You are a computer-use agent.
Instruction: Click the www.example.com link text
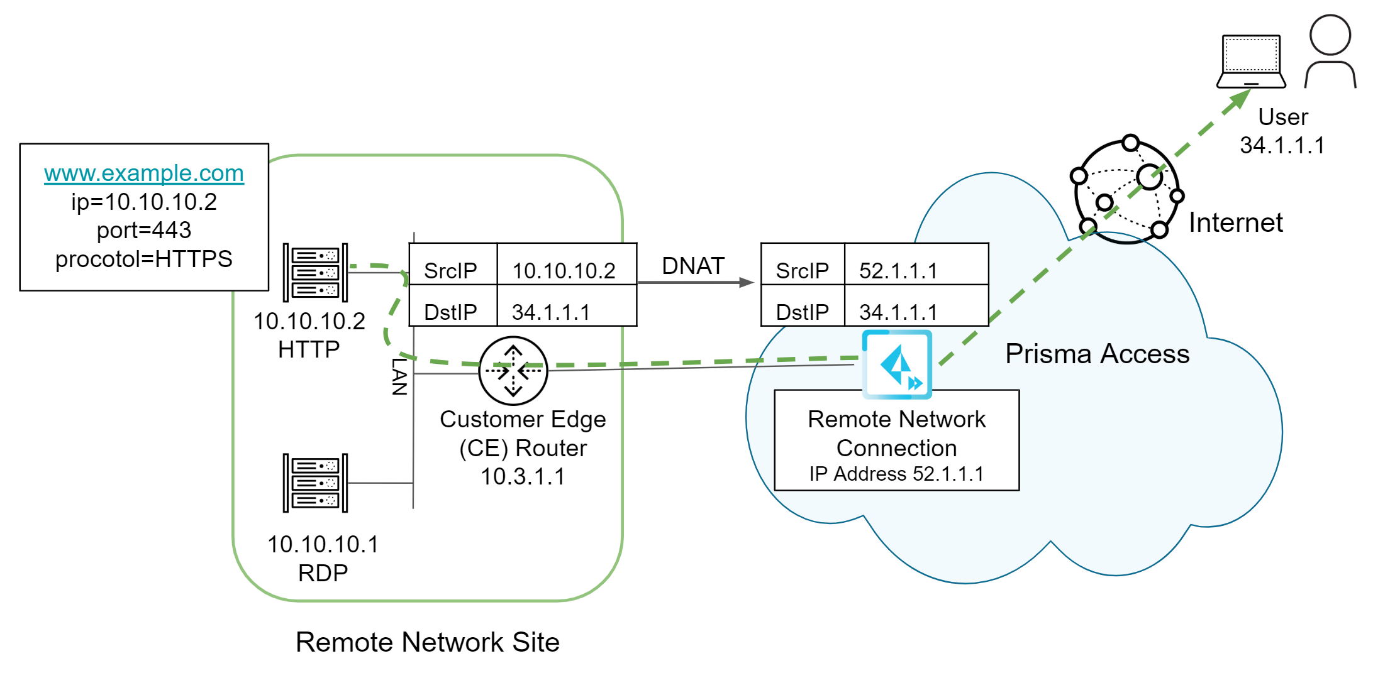[x=144, y=173]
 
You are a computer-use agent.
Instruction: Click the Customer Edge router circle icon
[x=513, y=371]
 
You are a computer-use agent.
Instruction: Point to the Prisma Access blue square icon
[x=897, y=364]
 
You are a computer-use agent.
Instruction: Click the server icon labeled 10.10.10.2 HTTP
[x=315, y=273]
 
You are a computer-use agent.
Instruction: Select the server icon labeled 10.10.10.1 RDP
[x=315, y=483]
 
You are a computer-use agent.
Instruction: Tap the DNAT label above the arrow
[x=693, y=266]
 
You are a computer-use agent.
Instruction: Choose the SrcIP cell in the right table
[x=802, y=271]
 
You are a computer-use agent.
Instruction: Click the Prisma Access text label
[x=1097, y=354]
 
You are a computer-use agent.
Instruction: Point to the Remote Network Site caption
[x=427, y=642]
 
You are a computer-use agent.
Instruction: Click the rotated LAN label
[x=400, y=376]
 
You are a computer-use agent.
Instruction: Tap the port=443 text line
[x=144, y=230]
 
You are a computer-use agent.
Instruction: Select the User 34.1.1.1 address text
[x=1282, y=145]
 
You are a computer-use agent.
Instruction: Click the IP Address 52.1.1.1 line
[x=896, y=474]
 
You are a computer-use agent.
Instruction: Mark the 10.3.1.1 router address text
[x=523, y=476]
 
